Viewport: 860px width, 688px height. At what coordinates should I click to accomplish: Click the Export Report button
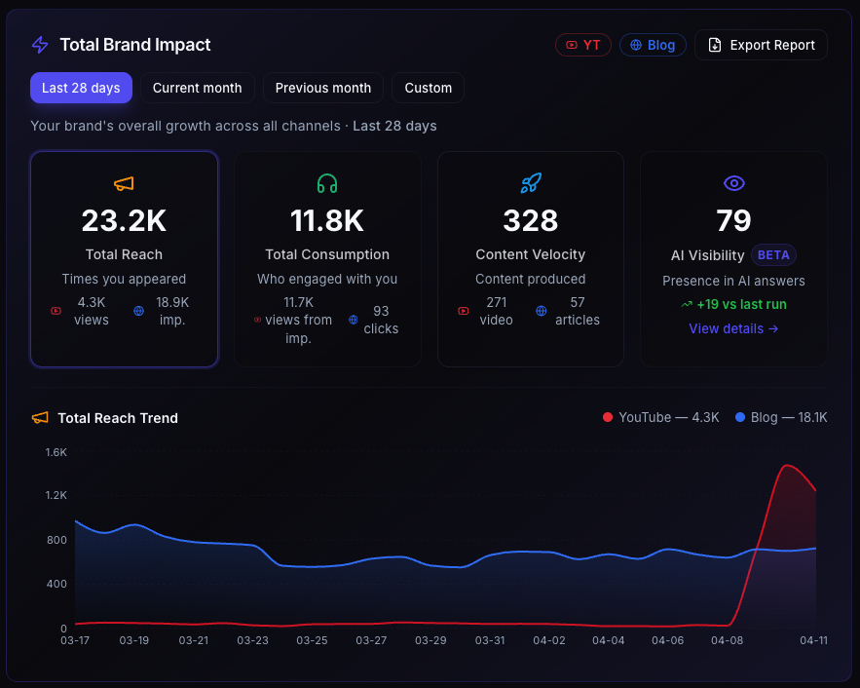pos(761,45)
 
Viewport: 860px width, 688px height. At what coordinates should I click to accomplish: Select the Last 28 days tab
pos(81,88)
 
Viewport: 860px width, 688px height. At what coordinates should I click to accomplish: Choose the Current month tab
pos(197,88)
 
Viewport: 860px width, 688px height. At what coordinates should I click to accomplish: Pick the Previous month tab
pos(323,88)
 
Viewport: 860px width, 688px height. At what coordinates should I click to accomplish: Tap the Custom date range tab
pos(429,88)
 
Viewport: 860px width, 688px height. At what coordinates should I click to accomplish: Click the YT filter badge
pos(582,45)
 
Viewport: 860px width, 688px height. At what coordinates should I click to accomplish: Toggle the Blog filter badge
pos(653,45)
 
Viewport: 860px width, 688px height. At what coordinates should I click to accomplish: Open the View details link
pos(733,328)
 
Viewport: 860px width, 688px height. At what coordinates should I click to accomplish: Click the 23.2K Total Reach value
pos(124,221)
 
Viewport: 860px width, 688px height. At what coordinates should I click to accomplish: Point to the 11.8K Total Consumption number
pos(327,221)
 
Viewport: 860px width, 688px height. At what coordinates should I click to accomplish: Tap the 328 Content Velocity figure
pos(530,221)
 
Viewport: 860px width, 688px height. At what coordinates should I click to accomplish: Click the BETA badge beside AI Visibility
pos(773,255)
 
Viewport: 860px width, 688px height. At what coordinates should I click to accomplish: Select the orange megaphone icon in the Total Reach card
pos(124,183)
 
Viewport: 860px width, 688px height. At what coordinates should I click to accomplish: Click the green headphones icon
pos(327,183)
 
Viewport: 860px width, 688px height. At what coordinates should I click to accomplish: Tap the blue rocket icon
pos(531,183)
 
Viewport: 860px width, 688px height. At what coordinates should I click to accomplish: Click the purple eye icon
pos(733,183)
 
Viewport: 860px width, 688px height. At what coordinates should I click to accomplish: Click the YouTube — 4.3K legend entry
pos(661,417)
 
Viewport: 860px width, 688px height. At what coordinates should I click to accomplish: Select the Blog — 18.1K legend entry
pos(781,417)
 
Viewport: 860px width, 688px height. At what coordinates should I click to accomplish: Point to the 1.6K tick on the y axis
pos(56,452)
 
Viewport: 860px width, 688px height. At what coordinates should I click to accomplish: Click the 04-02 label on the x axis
pos(549,640)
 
